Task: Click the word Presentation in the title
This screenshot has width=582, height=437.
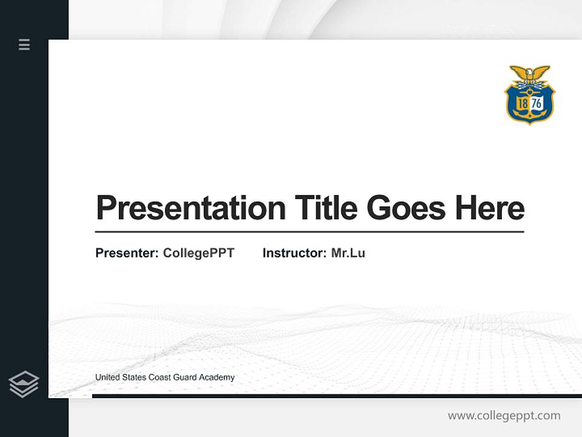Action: tap(190, 208)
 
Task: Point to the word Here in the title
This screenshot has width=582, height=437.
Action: tap(490, 208)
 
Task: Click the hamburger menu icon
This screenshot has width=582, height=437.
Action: tap(24, 44)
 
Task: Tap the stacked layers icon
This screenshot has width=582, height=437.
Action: tap(24, 384)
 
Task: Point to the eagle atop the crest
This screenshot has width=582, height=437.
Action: tap(530, 75)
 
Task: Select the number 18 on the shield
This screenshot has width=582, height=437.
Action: tap(522, 104)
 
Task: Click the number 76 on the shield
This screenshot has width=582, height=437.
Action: tap(537, 104)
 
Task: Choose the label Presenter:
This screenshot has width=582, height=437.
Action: tap(127, 253)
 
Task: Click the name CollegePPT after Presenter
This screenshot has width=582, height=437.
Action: tap(198, 253)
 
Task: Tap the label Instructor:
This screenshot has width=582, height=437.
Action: tap(295, 253)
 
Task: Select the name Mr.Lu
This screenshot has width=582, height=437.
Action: tap(348, 253)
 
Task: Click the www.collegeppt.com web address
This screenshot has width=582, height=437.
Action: tap(504, 416)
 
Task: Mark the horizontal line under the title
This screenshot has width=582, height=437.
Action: tap(309, 232)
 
